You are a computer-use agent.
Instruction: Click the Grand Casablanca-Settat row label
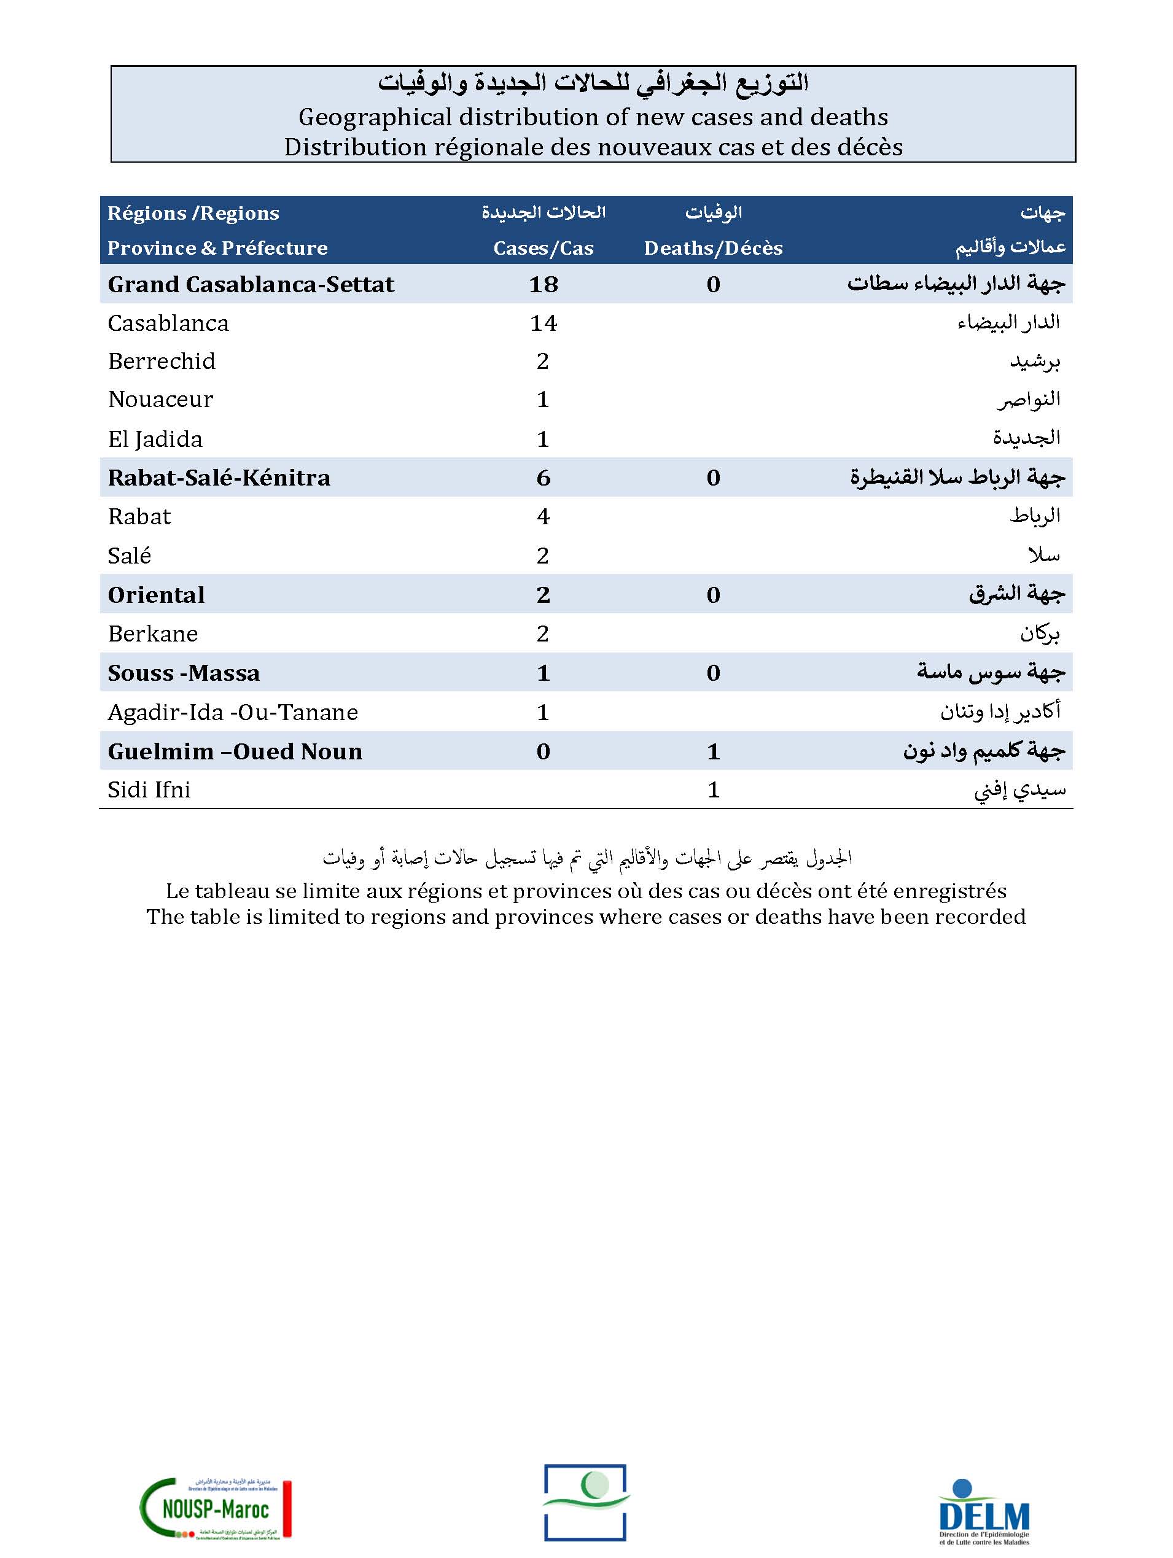click(x=251, y=285)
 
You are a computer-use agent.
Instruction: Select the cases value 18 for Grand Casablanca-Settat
click(x=543, y=285)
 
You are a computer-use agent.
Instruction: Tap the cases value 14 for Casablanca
click(x=543, y=324)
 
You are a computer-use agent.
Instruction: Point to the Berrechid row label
click(x=162, y=362)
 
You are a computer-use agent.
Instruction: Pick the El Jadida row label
click(x=155, y=440)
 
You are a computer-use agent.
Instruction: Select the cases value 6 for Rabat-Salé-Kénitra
click(x=543, y=478)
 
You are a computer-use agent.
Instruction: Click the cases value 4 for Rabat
click(x=543, y=517)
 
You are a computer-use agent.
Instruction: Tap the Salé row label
click(x=130, y=556)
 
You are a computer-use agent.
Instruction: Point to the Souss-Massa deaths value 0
click(x=713, y=673)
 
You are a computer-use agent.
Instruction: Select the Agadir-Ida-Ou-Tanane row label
click(x=233, y=713)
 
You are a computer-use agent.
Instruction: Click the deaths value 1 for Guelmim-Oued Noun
click(x=713, y=751)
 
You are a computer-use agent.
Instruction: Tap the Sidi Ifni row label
click(x=149, y=790)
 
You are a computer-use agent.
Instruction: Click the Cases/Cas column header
click(x=543, y=248)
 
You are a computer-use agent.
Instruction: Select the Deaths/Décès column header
click(x=713, y=248)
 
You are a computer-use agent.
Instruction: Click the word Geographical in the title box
click(x=375, y=117)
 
